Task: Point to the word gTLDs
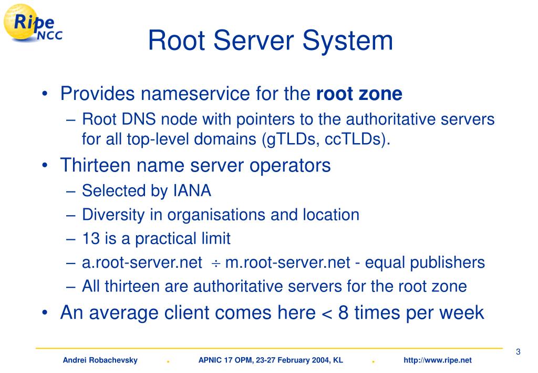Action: coord(288,140)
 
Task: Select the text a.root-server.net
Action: coord(142,263)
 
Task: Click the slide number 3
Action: coord(518,352)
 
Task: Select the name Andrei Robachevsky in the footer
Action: coord(100,360)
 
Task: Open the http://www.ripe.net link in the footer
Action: coord(438,360)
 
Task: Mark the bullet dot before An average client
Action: coord(46,313)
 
